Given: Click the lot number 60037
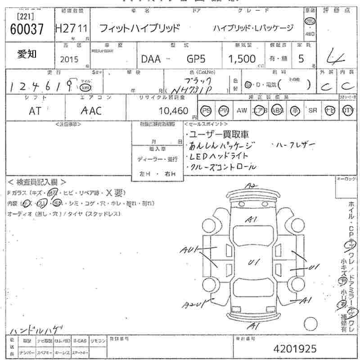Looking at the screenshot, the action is click(x=27, y=30).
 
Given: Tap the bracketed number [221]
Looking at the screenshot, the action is click(x=26, y=17).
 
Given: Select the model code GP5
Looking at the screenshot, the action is click(x=196, y=59).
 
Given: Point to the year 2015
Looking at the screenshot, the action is click(x=69, y=59).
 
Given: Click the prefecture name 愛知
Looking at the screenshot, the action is click(x=27, y=54).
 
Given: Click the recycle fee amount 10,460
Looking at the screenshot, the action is click(x=173, y=111).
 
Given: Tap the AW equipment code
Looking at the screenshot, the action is click(x=242, y=111).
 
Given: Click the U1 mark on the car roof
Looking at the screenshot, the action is click(x=253, y=262).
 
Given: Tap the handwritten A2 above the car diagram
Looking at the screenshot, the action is click(x=251, y=186).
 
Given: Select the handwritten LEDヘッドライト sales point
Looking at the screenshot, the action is click(x=219, y=156).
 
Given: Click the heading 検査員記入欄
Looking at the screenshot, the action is click(x=37, y=182).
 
